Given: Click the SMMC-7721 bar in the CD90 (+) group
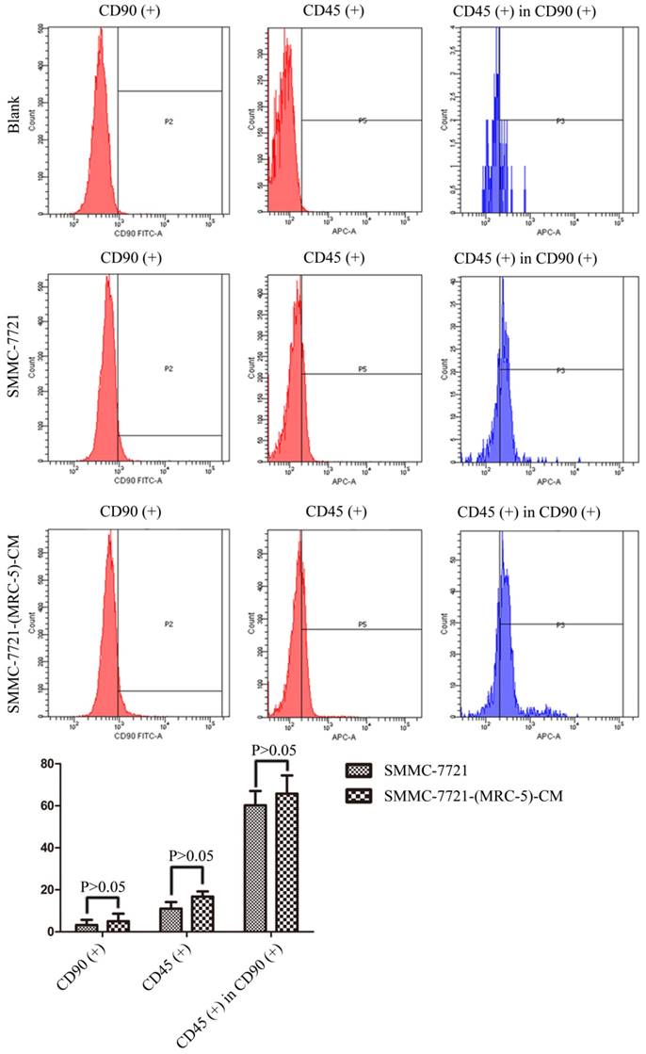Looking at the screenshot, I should point(87,927).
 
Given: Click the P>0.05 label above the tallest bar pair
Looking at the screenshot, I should point(270,750).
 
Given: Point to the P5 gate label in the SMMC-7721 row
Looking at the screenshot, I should point(362,370).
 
